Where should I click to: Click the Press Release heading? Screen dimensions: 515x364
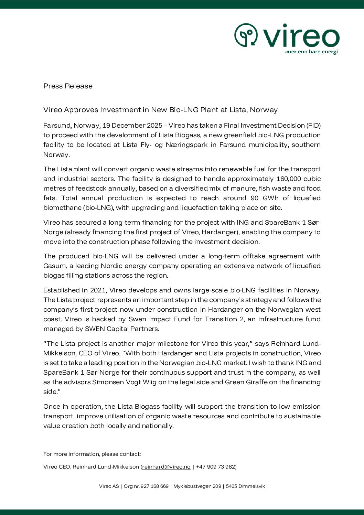pos(68,86)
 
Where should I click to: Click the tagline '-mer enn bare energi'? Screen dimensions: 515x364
pos(311,52)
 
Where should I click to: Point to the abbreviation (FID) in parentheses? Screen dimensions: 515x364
pos(313,126)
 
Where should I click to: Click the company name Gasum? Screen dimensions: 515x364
pos(55,266)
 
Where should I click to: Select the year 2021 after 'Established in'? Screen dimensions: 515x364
pos(98,290)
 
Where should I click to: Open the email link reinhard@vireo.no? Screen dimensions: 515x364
pos(166,467)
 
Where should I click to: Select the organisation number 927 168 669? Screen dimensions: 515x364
pos(154,486)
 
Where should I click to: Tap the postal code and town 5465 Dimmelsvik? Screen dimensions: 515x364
pos(245,486)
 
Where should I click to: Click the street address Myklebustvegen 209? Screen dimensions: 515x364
pos(197,486)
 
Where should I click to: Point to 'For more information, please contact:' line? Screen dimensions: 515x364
pos(92,454)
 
